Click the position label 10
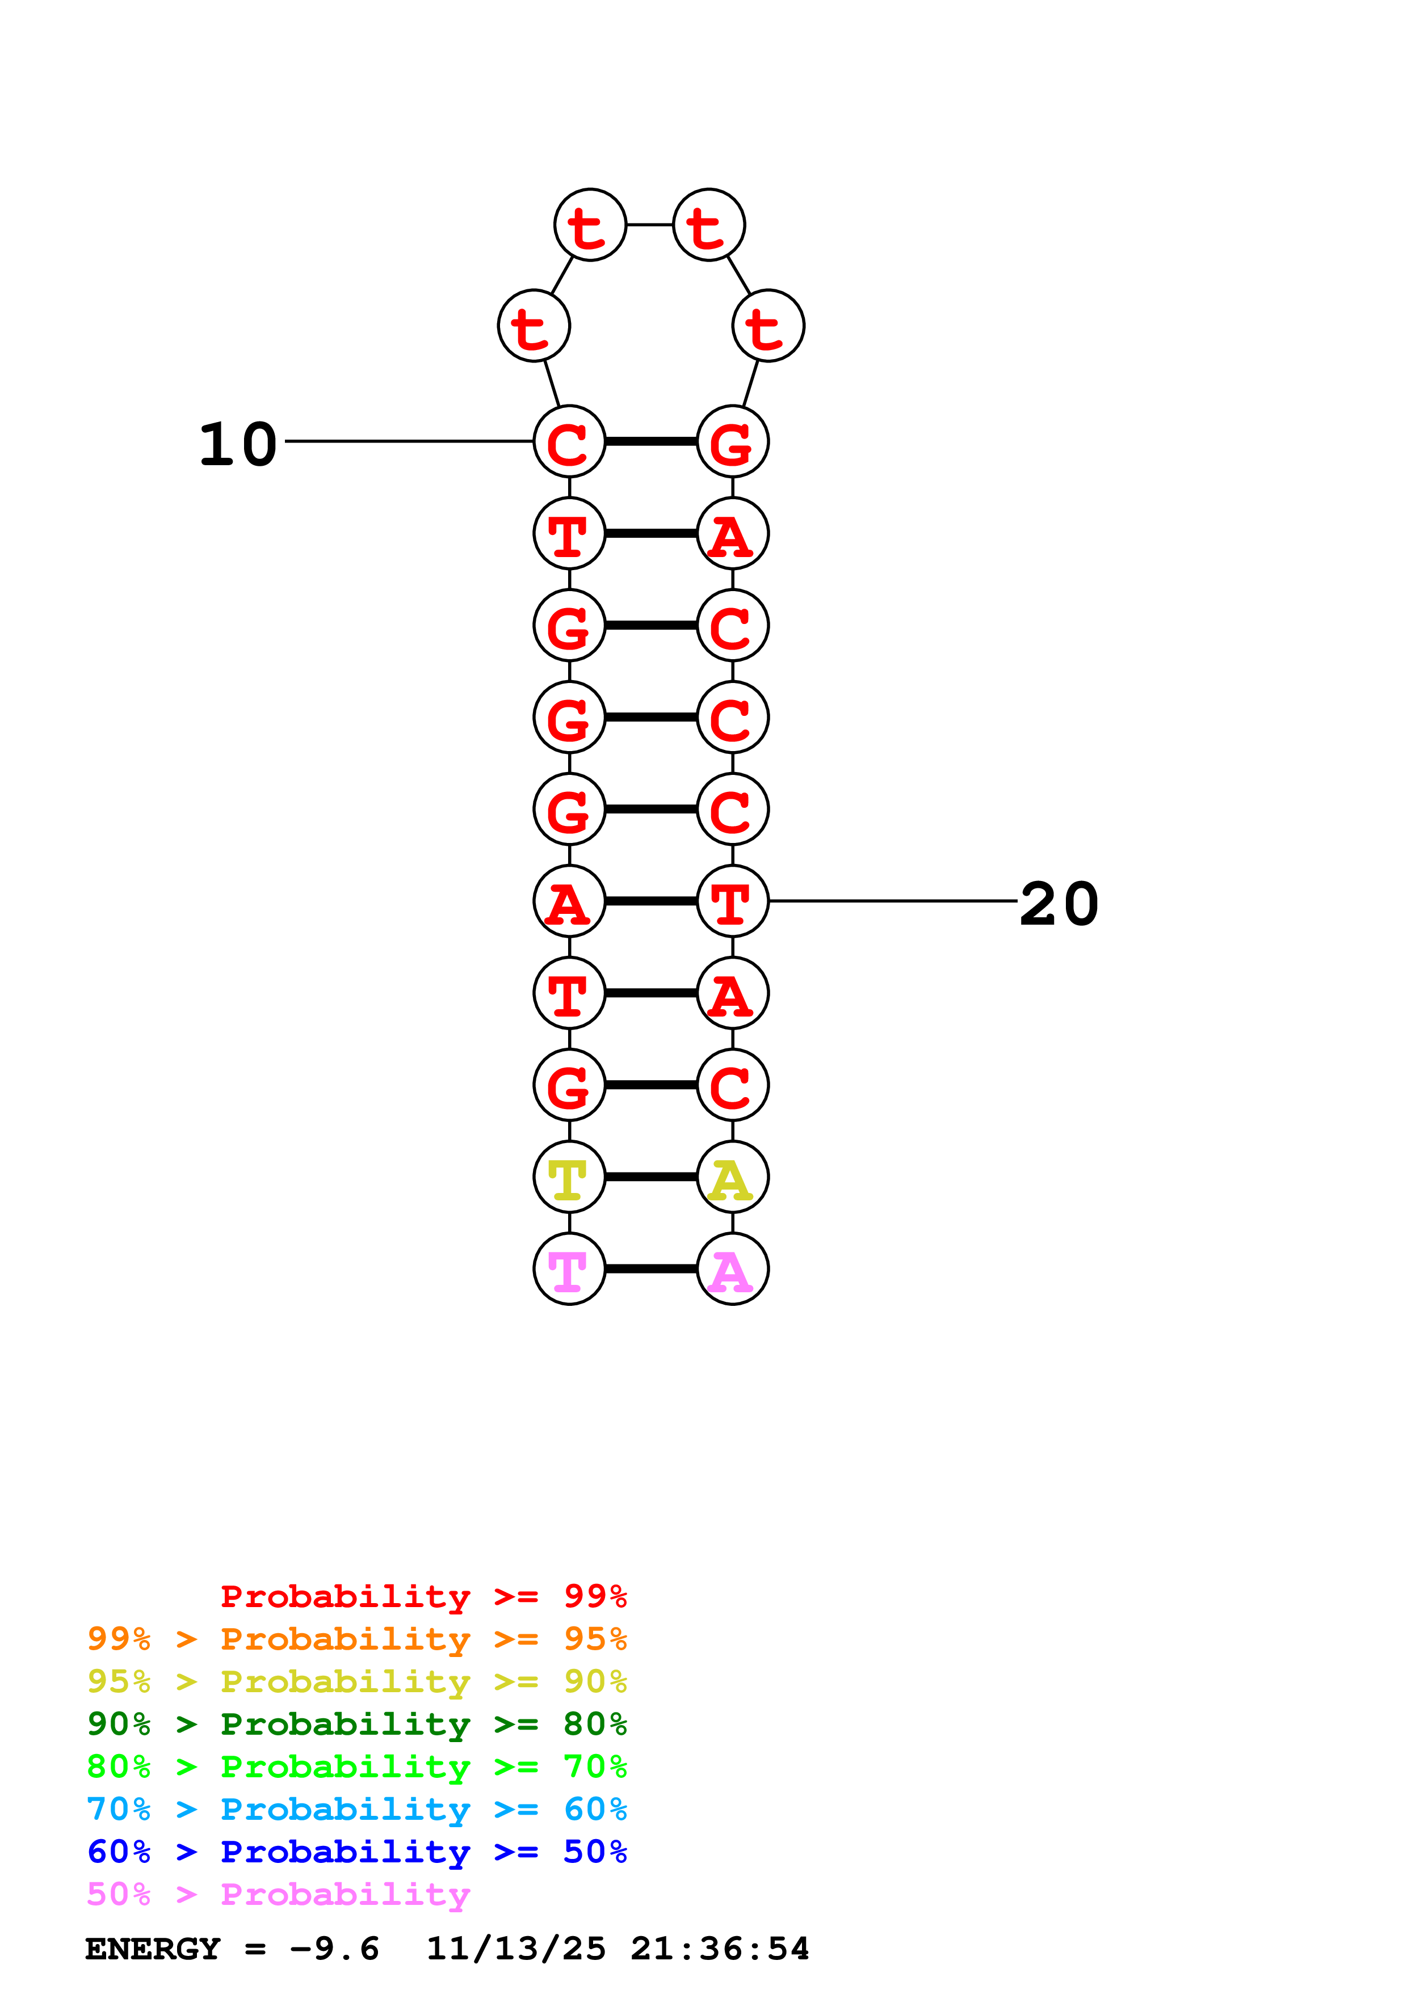(238, 445)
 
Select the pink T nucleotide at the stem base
(569, 1270)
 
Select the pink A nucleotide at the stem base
(733, 1270)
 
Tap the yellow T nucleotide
(569, 1177)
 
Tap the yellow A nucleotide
(733, 1177)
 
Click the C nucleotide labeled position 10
(569, 442)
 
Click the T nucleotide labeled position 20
(733, 901)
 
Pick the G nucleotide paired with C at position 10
(733, 442)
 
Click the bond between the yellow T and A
(650, 1177)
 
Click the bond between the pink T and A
(650, 1270)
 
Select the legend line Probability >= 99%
(423, 1596)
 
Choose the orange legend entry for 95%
(356, 1639)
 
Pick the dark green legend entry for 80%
(356, 1724)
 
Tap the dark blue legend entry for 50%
(356, 1852)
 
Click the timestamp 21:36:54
(720, 1949)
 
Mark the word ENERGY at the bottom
(153, 1949)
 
